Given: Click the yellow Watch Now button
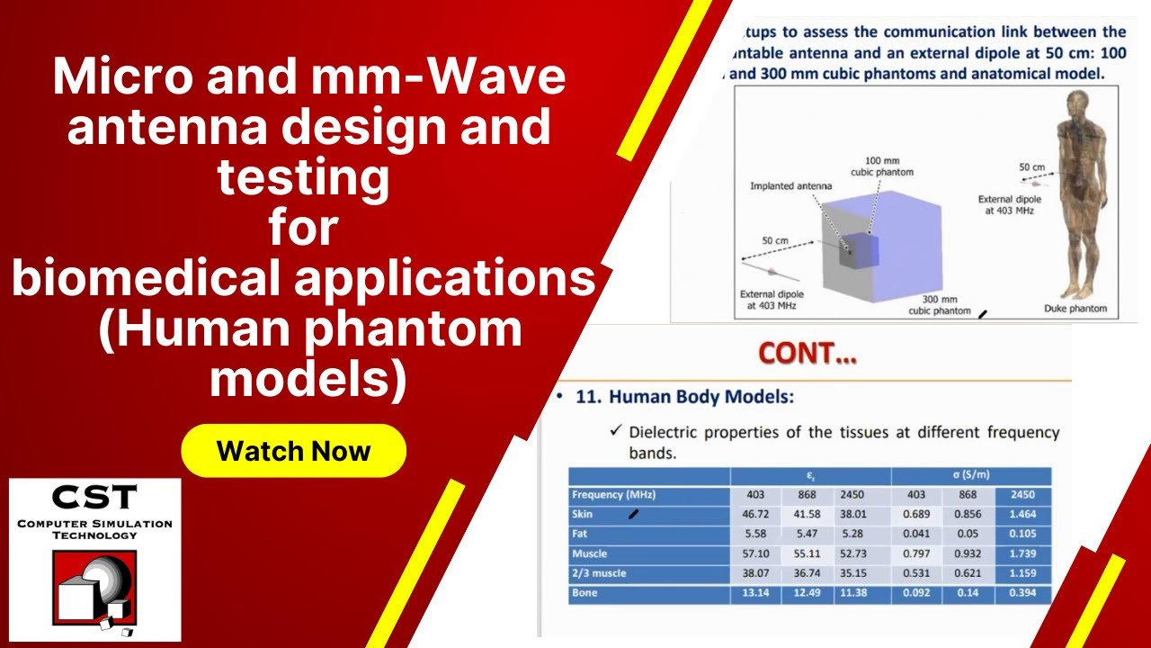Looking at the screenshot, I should (x=293, y=451).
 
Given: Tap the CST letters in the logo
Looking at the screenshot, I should (x=94, y=498).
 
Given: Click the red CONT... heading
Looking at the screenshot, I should (x=807, y=354).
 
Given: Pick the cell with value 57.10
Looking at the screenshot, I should (x=755, y=553).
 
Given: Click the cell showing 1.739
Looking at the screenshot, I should (x=1022, y=553).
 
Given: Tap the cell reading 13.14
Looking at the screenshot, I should (x=755, y=593).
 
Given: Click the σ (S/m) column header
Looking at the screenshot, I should (x=971, y=475).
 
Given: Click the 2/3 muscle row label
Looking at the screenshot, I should (x=599, y=573).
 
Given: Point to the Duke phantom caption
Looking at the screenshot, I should (x=1075, y=309).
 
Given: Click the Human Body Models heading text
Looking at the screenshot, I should (x=684, y=397).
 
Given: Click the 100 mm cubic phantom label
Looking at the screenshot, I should (x=881, y=166).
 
